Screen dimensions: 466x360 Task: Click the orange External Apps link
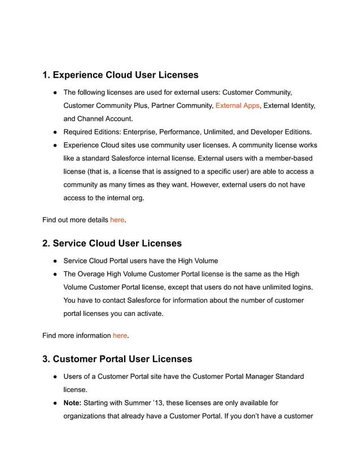tap(237, 105)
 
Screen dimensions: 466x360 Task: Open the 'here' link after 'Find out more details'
tap(117, 219)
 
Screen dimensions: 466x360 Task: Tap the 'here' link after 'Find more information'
tap(120, 335)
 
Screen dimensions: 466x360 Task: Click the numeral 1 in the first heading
tap(46, 75)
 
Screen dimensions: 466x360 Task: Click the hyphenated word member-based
tap(286, 158)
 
